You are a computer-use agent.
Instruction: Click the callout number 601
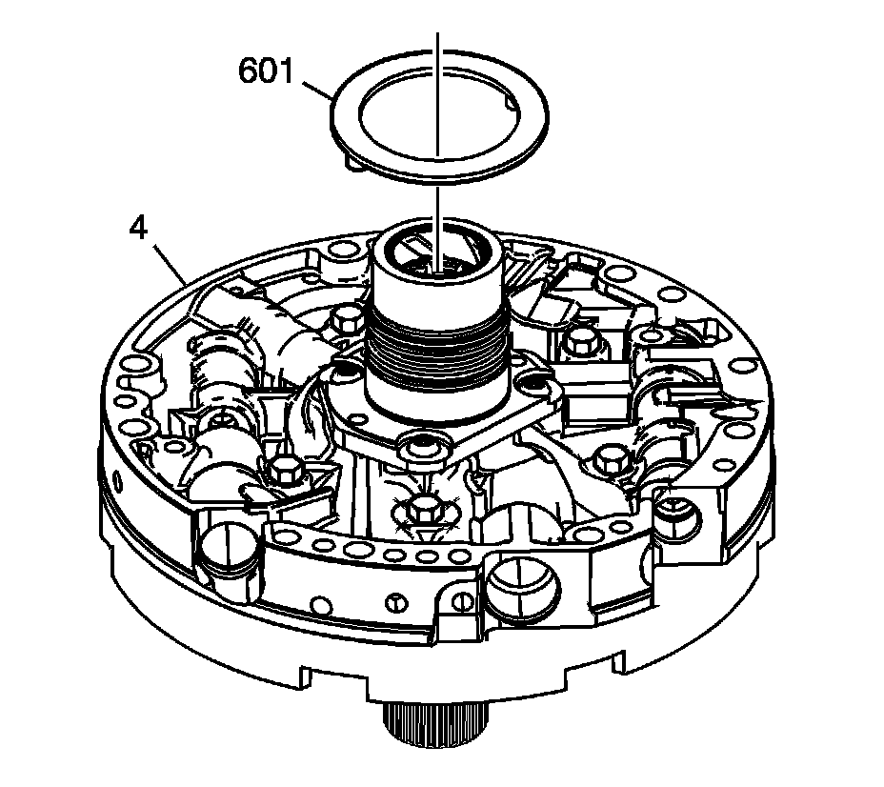(x=267, y=72)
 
